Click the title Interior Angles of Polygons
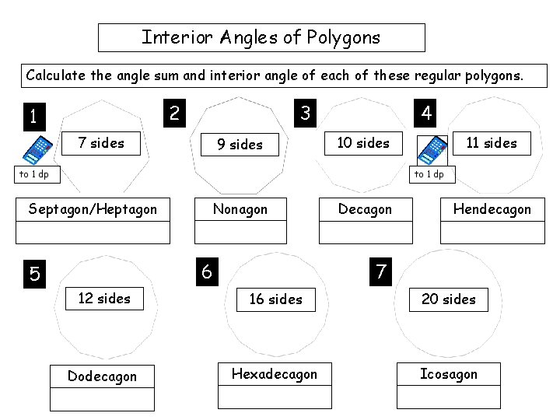[x=261, y=37]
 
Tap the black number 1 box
[x=33, y=117]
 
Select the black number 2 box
[x=174, y=114]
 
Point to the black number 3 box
[x=305, y=114]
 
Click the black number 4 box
[x=426, y=114]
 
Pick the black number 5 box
[x=35, y=274]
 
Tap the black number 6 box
[x=206, y=271]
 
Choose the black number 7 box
[x=381, y=271]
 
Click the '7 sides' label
[x=101, y=142]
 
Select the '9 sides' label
[x=240, y=144]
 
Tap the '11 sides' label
[x=491, y=142]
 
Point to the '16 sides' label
[x=275, y=299]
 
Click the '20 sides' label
[x=448, y=299]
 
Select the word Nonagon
[x=240, y=209]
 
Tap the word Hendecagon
[x=492, y=209]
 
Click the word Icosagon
[x=448, y=374]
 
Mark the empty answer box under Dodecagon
[x=102, y=398]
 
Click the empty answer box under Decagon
[x=366, y=233]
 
